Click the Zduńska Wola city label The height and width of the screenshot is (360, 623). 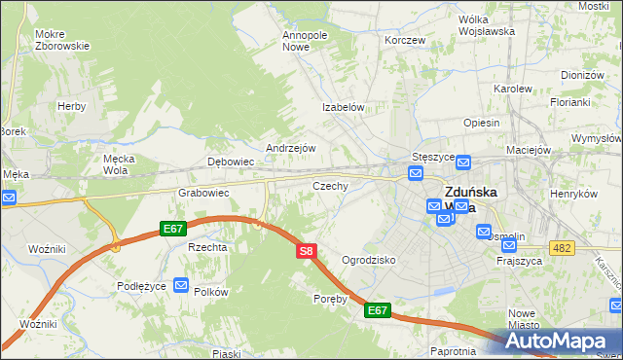460,199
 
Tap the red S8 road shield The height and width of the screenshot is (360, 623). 306,251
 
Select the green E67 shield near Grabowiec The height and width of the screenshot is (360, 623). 173,229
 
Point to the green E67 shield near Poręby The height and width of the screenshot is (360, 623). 378,310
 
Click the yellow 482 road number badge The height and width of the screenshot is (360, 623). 561,249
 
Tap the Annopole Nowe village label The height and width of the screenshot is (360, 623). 305,41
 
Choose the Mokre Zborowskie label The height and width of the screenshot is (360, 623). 62,40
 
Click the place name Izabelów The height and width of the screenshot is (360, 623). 344,108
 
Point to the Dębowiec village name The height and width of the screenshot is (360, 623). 231,162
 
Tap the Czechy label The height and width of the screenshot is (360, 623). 330,185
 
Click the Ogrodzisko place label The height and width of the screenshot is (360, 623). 368,261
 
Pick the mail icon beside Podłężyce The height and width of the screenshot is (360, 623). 181,284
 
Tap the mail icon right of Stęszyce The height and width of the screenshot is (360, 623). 463,162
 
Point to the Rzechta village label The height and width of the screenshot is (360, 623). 207,247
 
